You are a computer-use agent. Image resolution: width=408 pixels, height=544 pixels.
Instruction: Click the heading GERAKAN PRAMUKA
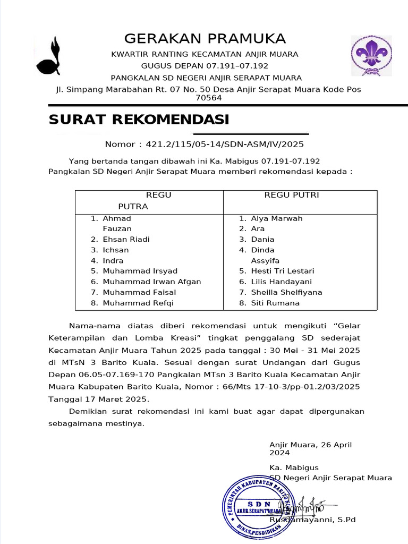pyautogui.click(x=205, y=39)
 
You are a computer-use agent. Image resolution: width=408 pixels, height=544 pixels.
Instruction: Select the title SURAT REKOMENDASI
pyautogui.click(x=139, y=120)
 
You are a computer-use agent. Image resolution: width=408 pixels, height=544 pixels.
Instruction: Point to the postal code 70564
pyautogui.click(x=209, y=98)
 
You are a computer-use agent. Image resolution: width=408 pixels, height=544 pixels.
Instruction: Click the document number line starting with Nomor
pyautogui.click(x=204, y=144)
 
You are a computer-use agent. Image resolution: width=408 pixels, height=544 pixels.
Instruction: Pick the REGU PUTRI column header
pyautogui.click(x=292, y=195)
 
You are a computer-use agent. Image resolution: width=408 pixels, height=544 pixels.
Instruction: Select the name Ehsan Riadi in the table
pyautogui.click(x=126, y=239)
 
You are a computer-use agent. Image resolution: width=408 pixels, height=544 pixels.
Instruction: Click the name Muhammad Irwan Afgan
pyautogui.click(x=151, y=282)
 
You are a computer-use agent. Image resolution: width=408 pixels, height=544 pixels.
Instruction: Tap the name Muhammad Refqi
pyautogui.click(x=138, y=303)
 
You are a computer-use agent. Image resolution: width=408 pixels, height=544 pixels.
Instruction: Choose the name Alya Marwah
pyautogui.click(x=276, y=218)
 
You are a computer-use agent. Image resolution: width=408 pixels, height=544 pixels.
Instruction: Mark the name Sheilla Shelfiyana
pyautogui.click(x=286, y=292)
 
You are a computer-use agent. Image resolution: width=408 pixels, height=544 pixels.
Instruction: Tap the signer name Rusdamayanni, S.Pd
pyautogui.click(x=312, y=520)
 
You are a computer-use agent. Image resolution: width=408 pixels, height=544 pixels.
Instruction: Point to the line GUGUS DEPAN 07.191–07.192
pyautogui.click(x=205, y=66)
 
